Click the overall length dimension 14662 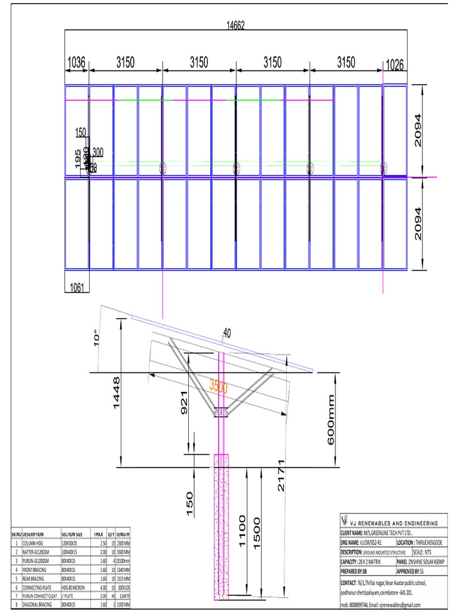pyautogui.click(x=235, y=25)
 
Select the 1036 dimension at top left pyautogui.click(x=76, y=62)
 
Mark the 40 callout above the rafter pyautogui.click(x=227, y=332)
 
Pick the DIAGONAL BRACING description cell pyautogui.click(x=37, y=604)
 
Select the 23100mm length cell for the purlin pyautogui.click(x=121, y=561)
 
